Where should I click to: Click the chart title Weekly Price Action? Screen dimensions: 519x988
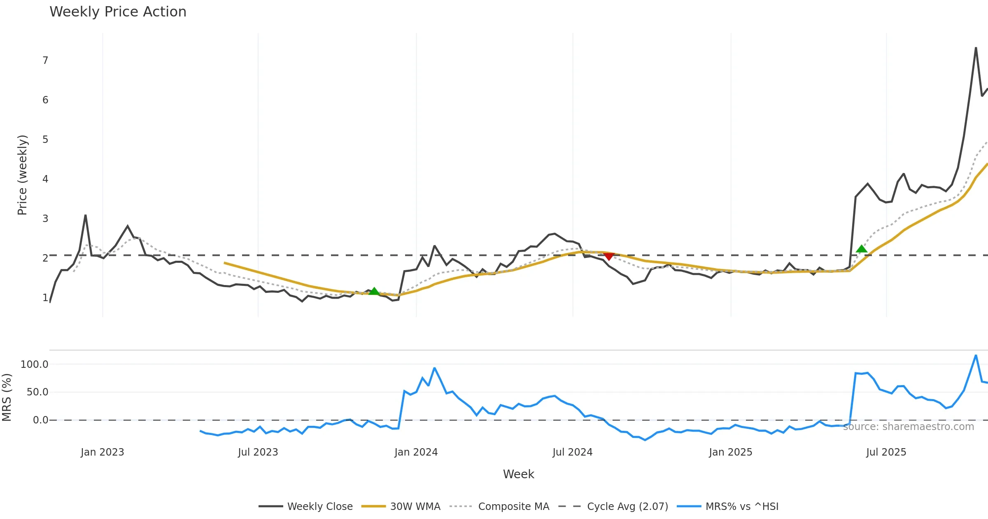click(118, 12)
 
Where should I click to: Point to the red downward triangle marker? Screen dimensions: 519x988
click(609, 256)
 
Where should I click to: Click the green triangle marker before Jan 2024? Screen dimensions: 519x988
click(374, 291)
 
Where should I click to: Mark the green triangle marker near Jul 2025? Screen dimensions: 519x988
click(862, 249)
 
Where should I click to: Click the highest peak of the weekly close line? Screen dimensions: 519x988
click(976, 48)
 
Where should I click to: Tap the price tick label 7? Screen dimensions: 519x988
click(45, 61)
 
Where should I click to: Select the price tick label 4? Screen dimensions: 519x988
click(45, 179)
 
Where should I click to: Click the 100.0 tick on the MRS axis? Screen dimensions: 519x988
click(35, 365)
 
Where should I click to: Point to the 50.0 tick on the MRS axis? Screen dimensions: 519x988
click(37, 392)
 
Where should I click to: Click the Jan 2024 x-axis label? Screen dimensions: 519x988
click(416, 452)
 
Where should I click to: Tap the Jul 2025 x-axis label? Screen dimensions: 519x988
click(886, 452)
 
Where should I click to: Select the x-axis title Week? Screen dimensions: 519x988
click(518, 475)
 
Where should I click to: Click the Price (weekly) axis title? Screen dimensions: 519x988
click(22, 175)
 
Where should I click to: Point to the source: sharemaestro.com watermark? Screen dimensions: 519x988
click(908, 427)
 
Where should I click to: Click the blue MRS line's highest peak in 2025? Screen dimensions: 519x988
click(976, 355)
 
